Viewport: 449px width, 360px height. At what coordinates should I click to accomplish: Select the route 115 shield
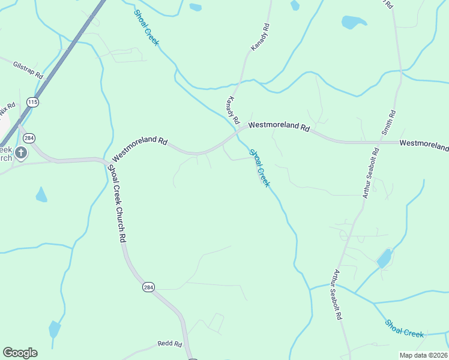(32, 103)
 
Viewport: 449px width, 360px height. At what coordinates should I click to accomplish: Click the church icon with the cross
(21, 153)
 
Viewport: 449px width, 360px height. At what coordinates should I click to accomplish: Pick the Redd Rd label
(170, 344)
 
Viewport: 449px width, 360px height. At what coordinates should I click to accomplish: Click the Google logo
(20, 353)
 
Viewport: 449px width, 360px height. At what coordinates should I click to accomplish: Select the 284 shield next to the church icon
(29, 139)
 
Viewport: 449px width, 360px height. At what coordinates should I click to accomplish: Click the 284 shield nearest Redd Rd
(148, 287)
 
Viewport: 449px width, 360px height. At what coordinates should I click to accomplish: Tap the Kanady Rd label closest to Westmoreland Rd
(234, 109)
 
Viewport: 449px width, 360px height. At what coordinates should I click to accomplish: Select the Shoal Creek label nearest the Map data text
(405, 328)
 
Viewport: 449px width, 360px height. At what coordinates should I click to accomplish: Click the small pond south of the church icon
(41, 195)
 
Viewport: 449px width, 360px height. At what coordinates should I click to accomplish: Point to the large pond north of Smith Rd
(353, 22)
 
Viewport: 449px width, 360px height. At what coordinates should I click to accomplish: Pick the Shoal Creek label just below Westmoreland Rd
(259, 168)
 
